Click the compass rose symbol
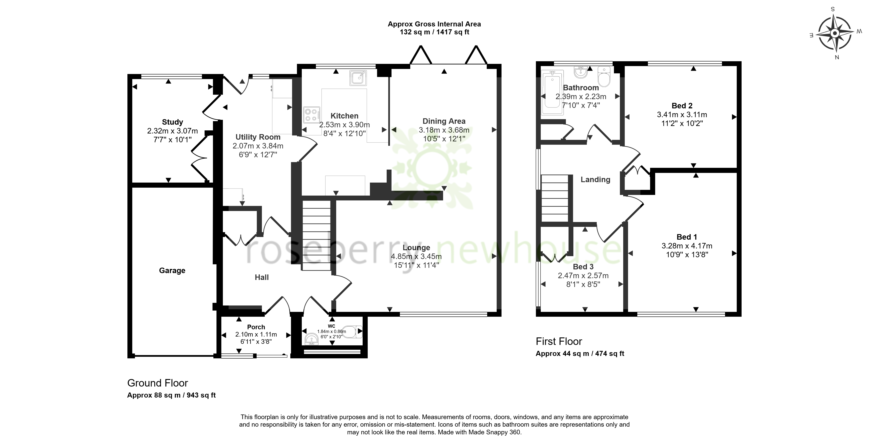click(835, 33)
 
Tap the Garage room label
click(172, 270)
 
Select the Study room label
click(172, 122)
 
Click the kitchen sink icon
click(358, 78)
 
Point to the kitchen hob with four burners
click(312, 115)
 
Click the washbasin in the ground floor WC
click(311, 339)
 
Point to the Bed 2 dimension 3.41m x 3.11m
click(682, 115)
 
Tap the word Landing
click(595, 180)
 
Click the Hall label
click(262, 277)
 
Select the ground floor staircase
click(316, 235)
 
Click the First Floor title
click(559, 342)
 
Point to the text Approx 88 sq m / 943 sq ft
click(171, 395)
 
